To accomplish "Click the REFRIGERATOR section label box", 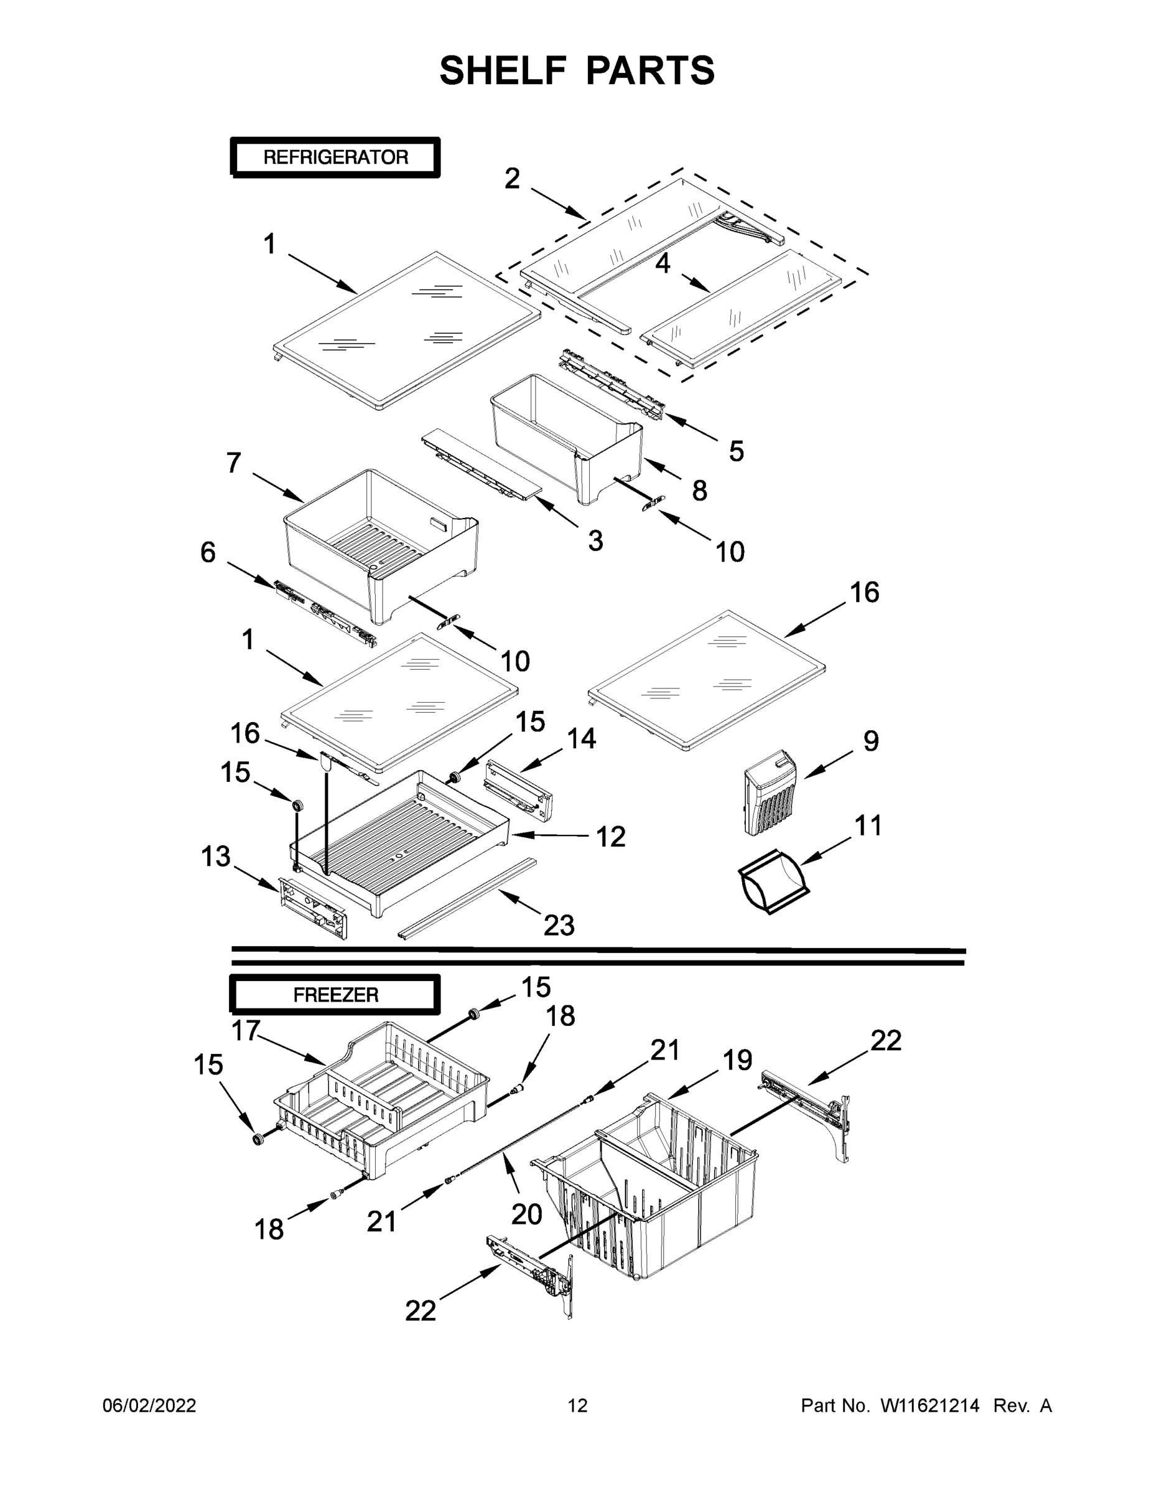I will [x=335, y=157].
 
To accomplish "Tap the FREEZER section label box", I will [x=335, y=995].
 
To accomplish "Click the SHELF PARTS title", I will [x=577, y=70].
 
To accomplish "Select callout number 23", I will [x=559, y=926].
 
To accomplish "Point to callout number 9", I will [x=870, y=741].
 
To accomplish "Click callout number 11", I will [x=868, y=825].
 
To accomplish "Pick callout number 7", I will [x=234, y=463].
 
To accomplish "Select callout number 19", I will [x=738, y=1059].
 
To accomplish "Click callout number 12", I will [x=610, y=837].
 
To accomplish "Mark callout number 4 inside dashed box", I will [x=663, y=264].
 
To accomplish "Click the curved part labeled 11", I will [x=773, y=883].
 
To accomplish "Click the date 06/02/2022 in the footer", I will [x=149, y=1406].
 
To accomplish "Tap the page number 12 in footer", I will [x=577, y=1406].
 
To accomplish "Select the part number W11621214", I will [x=930, y=1406].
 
